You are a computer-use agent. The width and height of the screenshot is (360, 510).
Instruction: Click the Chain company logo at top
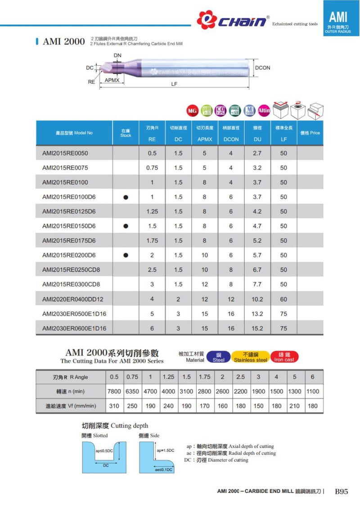click(x=233, y=20)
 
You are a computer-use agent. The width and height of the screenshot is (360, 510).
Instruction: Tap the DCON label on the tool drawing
click(x=262, y=68)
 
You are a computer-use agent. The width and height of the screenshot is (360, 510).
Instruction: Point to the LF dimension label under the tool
click(x=174, y=84)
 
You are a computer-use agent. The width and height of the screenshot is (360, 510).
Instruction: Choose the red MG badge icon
click(x=192, y=110)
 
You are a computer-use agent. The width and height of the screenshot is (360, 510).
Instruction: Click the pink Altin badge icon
click(x=264, y=110)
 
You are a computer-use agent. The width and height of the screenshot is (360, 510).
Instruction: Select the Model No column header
click(x=74, y=133)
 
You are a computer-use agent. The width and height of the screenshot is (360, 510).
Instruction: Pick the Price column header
click(x=310, y=133)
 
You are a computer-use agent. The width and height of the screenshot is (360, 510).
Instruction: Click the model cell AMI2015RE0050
click(x=65, y=153)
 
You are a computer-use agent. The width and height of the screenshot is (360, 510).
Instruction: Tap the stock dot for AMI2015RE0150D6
click(x=126, y=226)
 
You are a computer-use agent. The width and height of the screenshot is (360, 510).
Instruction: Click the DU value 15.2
click(x=257, y=328)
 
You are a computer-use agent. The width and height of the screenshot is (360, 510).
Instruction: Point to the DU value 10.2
click(x=257, y=299)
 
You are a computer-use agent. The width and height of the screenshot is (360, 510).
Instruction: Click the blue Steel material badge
click(x=218, y=357)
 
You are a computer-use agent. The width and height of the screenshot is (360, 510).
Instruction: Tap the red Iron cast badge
click(x=284, y=357)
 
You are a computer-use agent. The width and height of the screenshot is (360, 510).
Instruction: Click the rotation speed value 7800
click(x=114, y=391)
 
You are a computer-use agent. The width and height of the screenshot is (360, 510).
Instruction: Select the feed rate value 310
click(x=114, y=406)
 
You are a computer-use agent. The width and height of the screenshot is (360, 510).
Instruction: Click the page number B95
click(x=342, y=492)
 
